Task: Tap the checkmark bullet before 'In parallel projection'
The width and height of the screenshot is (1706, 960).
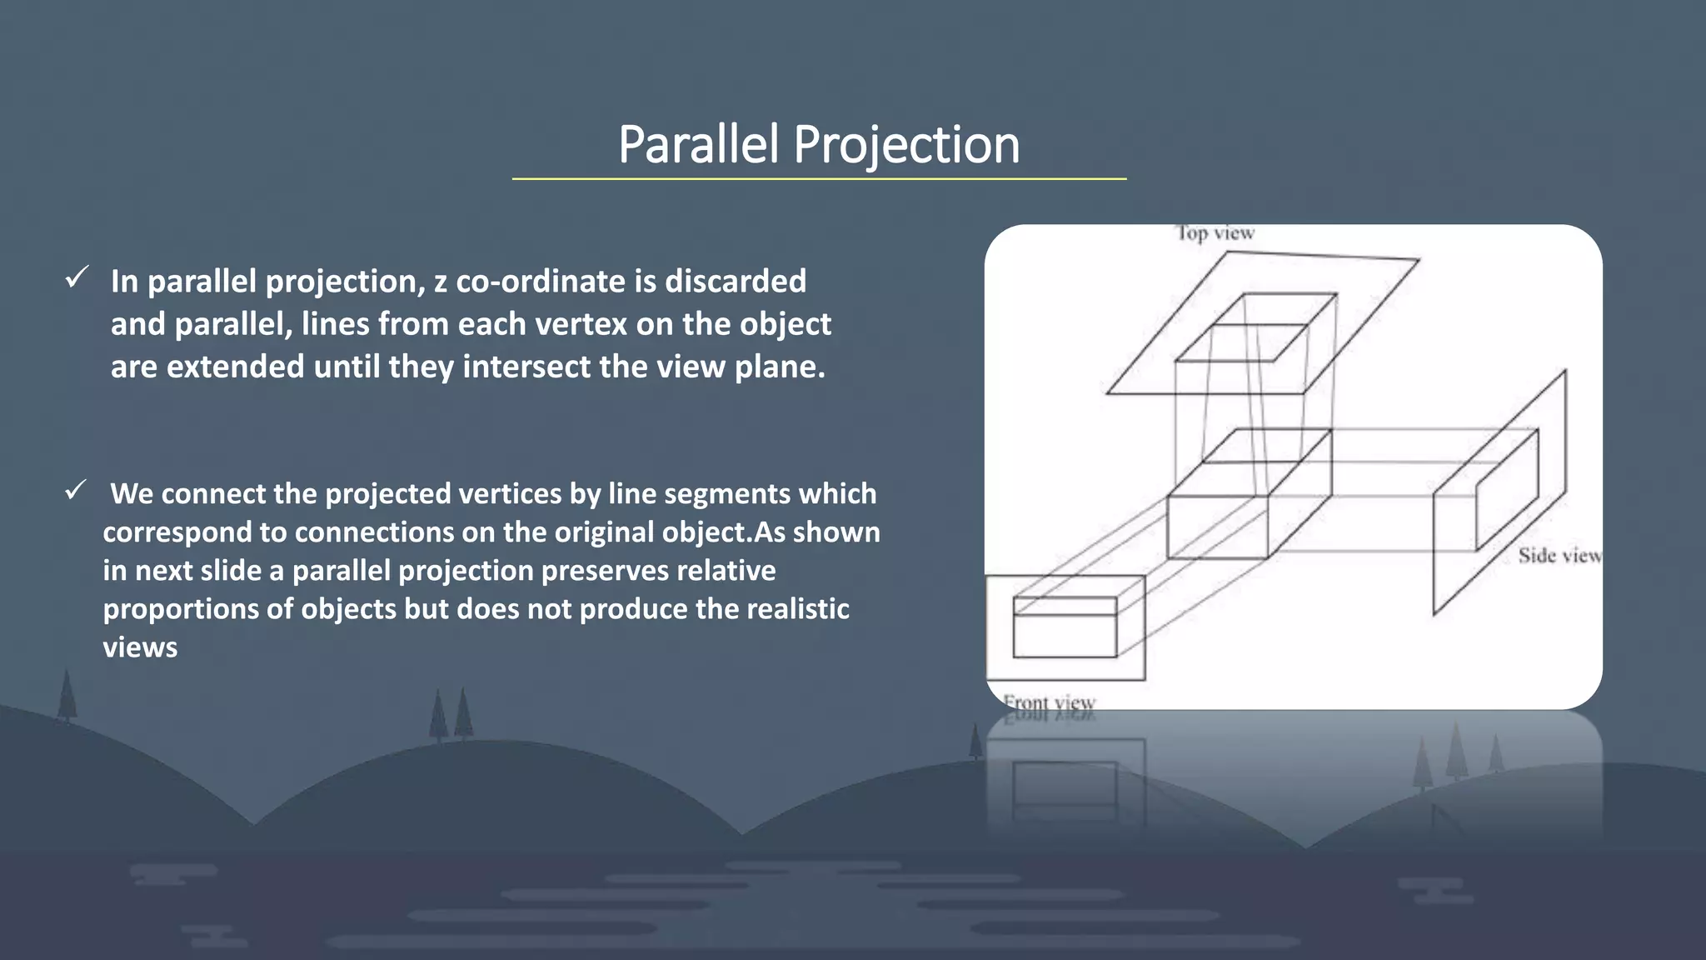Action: click(x=77, y=277)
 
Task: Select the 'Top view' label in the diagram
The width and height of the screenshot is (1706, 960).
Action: click(x=1215, y=233)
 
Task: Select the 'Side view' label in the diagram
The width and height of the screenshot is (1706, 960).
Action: click(x=1559, y=555)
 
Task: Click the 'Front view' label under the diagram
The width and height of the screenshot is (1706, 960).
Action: click(x=1049, y=702)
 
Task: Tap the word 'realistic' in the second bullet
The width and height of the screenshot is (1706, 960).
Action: click(x=797, y=609)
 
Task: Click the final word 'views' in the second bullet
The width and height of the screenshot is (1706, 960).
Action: click(x=140, y=647)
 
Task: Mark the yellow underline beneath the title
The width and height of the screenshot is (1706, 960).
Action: click(x=819, y=178)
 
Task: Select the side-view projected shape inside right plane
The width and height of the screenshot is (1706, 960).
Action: click(x=1506, y=492)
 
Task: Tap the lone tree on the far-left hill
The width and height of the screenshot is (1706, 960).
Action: click(x=67, y=696)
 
